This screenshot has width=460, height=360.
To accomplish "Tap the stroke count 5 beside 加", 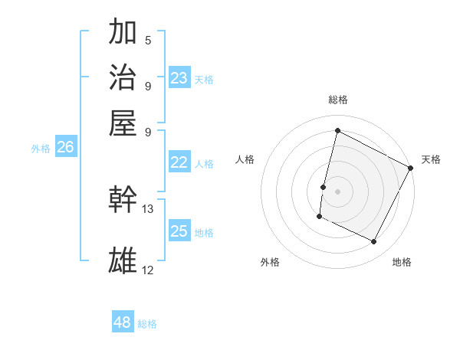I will coord(148,40).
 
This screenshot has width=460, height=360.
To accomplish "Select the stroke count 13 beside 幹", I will coord(148,208).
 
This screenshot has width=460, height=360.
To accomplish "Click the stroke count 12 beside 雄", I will coord(148,270).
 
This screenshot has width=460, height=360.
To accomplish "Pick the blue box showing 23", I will coord(179,77).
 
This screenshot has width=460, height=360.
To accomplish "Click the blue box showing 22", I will coord(179,162).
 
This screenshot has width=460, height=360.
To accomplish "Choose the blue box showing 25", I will coord(179,232).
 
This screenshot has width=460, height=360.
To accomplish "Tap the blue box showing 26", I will coord(65,148).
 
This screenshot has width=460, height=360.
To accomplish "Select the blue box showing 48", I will coord(123,322).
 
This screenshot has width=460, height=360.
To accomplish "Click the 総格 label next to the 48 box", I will coord(147,324).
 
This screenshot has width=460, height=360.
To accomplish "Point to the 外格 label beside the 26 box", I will coord(40,149).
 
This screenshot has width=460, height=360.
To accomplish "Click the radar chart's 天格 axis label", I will coord(431,159).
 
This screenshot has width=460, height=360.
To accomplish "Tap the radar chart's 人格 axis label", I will coord(245,159).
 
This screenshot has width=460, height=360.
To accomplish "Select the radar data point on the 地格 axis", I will coord(374,242).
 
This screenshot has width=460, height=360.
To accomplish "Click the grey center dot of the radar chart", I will coord(337,191).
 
